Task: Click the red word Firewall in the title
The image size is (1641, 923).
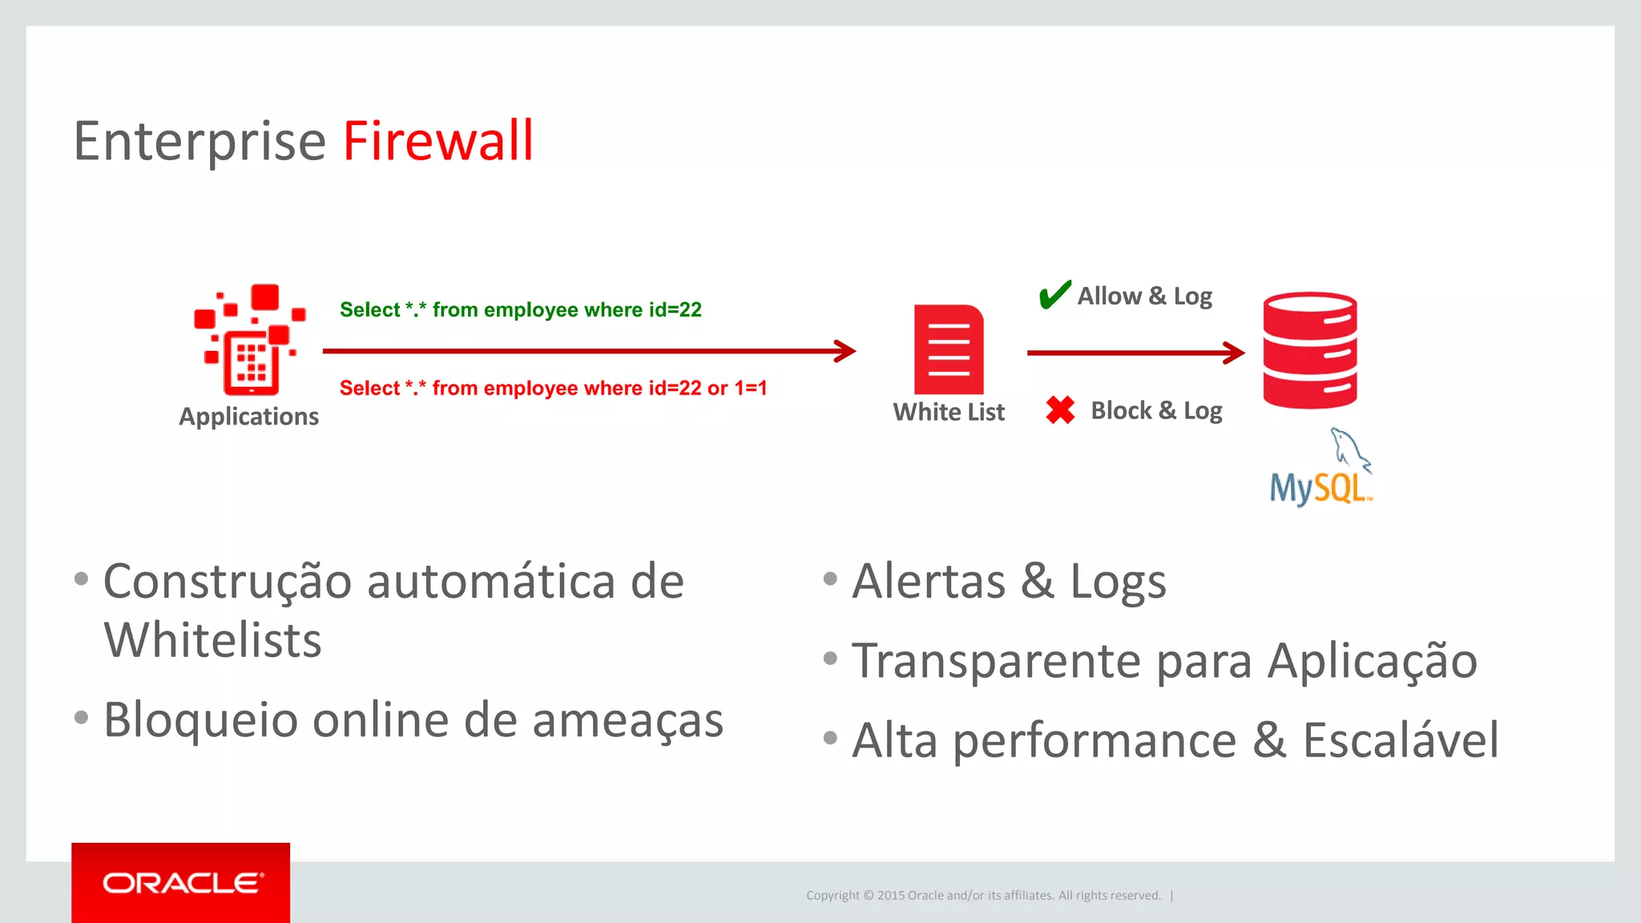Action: click(438, 142)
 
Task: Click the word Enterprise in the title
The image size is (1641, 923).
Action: click(200, 142)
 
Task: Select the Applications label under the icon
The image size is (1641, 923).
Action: click(248, 417)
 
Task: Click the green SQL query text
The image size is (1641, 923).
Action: click(520, 310)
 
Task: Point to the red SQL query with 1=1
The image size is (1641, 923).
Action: click(553, 389)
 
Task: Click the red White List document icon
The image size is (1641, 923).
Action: click(949, 349)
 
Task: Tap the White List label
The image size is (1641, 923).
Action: click(949, 412)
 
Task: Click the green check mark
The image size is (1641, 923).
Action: click(1054, 294)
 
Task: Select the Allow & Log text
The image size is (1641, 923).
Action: click(1144, 296)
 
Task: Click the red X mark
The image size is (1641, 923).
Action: click(1060, 410)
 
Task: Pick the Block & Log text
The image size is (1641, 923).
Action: click(1156, 411)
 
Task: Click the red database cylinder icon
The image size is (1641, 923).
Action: click(1310, 350)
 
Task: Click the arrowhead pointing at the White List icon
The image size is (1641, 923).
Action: click(845, 351)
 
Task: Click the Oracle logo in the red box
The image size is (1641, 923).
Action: click(181, 883)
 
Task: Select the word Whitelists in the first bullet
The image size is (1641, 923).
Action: click(212, 640)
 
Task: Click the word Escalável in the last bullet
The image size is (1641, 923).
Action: click(1400, 740)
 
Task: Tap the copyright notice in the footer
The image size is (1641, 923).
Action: click(983, 896)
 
